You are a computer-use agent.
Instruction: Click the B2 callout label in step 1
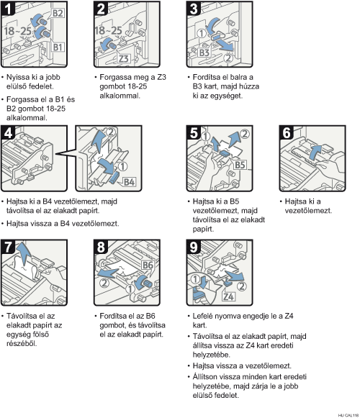[58, 13]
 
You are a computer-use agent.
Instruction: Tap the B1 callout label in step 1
[58, 47]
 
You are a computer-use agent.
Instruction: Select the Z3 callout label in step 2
[124, 59]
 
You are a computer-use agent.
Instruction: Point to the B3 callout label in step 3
[204, 53]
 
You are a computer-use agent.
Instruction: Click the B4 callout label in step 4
[129, 182]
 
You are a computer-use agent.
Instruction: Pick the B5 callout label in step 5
[240, 165]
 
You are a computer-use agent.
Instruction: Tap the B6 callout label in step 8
[148, 265]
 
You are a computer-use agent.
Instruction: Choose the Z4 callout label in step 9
[229, 296]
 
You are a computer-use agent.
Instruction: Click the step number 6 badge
[287, 132]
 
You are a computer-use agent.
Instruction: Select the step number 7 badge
[8, 247]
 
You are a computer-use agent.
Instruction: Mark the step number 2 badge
[101, 9]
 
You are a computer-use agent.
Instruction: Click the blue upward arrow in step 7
[23, 254]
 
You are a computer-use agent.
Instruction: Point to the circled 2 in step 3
[228, 58]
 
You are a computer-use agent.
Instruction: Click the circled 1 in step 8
[130, 288]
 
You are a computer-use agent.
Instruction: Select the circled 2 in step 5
[245, 134]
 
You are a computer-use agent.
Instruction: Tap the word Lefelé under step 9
[202, 316]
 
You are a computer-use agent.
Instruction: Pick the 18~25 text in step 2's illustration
[108, 30]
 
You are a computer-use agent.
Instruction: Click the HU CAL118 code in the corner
[348, 415]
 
